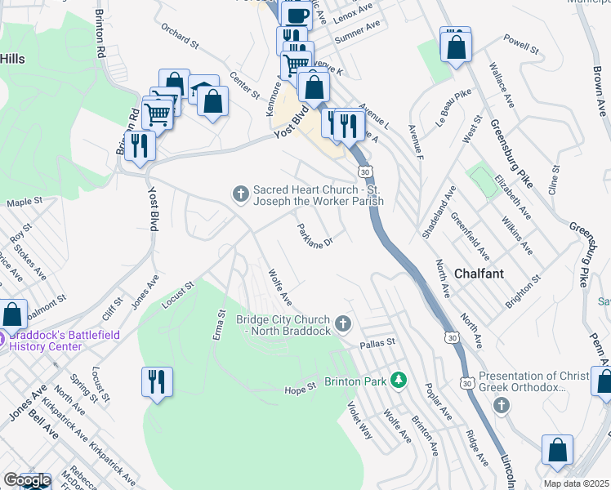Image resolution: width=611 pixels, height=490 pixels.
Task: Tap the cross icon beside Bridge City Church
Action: tap(343, 324)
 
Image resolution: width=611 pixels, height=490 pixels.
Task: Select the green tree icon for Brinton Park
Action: tap(399, 380)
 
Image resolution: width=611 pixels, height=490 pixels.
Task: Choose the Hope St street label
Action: tap(300, 388)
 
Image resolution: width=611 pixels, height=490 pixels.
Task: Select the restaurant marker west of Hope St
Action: tap(157, 382)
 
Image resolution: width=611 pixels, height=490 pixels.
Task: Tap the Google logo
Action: tap(26, 480)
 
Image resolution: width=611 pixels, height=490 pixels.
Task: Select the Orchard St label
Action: tap(180, 39)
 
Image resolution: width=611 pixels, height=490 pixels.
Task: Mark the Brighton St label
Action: tap(524, 290)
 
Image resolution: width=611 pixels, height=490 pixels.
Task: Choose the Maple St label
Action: tap(25, 202)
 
